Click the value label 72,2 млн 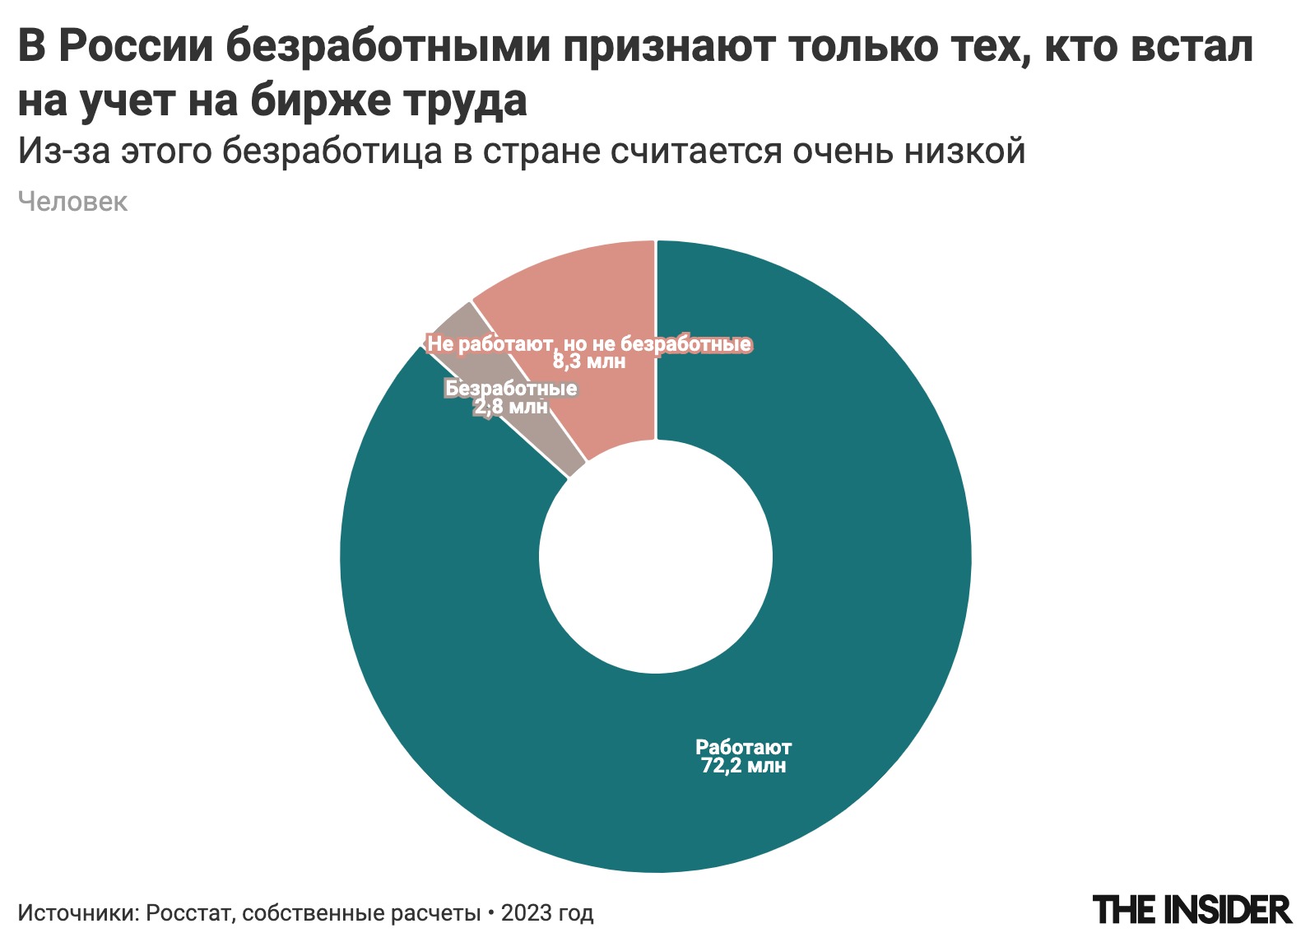coord(743,767)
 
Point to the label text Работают coord(743,748)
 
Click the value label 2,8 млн coord(511,407)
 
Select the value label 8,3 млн coord(589,362)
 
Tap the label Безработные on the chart coord(511,388)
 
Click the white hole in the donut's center coord(656,556)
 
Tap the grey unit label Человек coord(72,203)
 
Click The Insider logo coord(1192,910)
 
